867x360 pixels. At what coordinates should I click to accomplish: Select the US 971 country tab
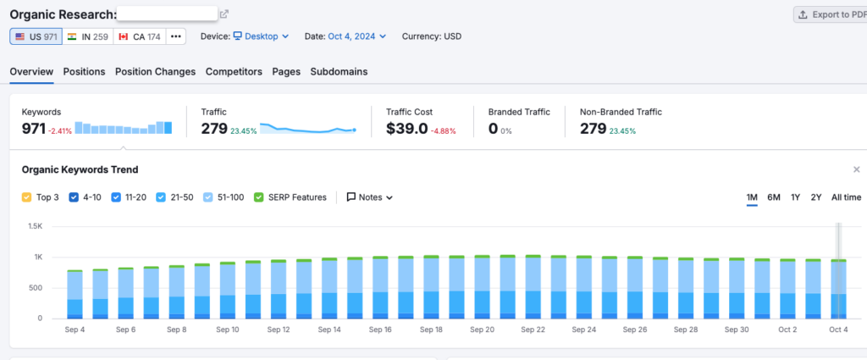tap(36, 36)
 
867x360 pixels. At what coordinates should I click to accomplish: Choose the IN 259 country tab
tap(88, 36)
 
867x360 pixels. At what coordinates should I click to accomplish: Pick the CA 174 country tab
tap(139, 36)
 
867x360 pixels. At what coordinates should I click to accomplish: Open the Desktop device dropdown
tap(261, 36)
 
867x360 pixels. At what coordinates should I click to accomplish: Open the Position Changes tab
tap(155, 72)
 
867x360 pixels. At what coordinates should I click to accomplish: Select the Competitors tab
tap(234, 72)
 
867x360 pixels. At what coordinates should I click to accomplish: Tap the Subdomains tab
tap(339, 72)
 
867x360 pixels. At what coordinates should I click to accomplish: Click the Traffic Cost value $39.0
tap(406, 129)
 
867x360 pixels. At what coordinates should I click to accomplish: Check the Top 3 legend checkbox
tap(26, 197)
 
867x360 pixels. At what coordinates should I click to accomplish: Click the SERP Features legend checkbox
tap(259, 197)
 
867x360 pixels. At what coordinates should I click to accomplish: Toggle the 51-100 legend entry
tap(209, 197)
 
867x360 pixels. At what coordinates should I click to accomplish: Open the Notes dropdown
tap(370, 197)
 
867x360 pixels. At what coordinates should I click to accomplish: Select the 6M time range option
tap(773, 197)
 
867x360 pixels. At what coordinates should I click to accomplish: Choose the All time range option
tap(846, 197)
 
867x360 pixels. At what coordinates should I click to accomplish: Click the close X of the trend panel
tap(856, 169)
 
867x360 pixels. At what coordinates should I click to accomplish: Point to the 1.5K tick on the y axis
tap(35, 226)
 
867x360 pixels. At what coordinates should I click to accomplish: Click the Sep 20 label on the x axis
tap(482, 330)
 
